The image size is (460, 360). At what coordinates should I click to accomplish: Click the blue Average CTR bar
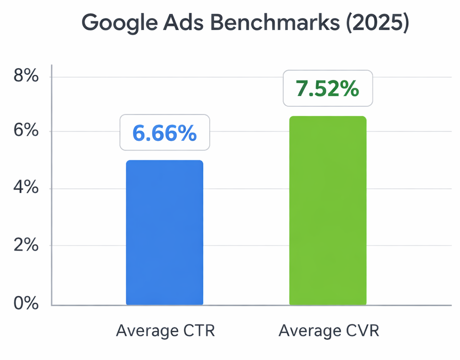(165, 233)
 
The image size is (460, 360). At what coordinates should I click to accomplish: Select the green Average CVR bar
(327, 211)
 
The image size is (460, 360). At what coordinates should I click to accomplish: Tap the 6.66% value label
(165, 133)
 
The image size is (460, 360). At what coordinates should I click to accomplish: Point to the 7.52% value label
(327, 89)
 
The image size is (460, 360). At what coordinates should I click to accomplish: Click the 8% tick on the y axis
(25, 76)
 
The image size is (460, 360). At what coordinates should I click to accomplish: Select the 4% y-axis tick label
(25, 188)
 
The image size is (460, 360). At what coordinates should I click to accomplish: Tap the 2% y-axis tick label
(25, 246)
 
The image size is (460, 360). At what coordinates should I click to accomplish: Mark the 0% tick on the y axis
(25, 303)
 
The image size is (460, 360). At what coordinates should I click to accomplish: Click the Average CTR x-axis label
(165, 331)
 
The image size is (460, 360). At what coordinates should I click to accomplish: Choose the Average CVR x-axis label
(328, 331)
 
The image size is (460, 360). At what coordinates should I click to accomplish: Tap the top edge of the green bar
(327, 117)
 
